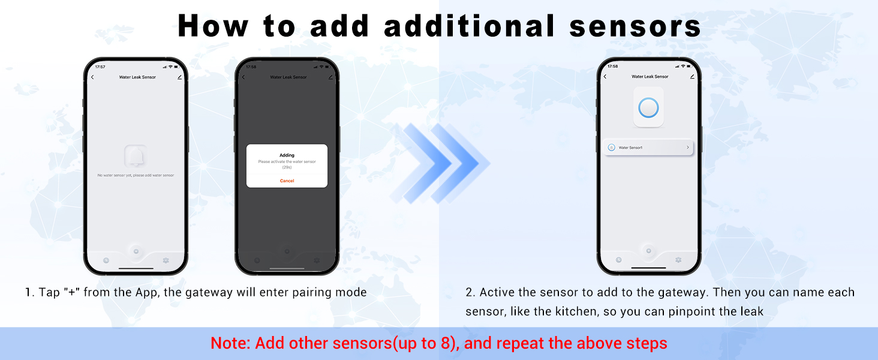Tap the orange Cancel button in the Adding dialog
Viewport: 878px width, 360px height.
(287, 181)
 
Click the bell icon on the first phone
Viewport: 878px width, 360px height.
(136, 156)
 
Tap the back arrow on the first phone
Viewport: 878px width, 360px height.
(92, 77)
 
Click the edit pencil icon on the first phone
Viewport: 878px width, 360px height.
(179, 77)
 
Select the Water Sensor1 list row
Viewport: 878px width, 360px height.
(648, 147)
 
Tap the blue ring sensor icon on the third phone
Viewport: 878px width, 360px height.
(648, 108)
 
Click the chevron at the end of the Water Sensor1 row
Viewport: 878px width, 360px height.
(687, 147)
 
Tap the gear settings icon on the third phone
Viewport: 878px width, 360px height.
(678, 260)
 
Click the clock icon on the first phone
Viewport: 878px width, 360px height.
(106, 260)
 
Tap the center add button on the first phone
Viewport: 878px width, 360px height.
(136, 251)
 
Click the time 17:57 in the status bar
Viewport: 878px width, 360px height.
(100, 67)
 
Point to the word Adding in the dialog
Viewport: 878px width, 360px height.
(287, 155)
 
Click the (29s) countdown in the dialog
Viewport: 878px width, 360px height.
(287, 167)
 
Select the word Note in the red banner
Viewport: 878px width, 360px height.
(230, 344)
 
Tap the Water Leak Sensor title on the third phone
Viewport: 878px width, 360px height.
(650, 77)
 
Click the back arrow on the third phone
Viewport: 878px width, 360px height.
(605, 77)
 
